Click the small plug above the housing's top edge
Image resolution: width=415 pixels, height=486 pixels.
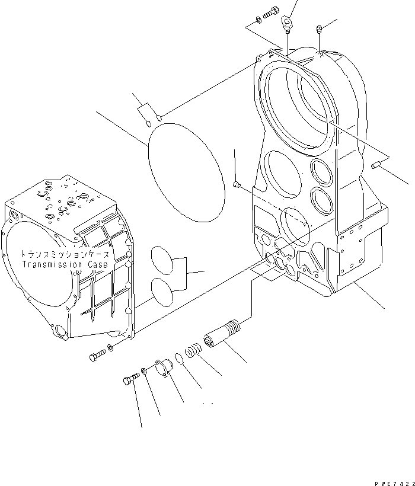319,27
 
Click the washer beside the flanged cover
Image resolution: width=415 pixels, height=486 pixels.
145,372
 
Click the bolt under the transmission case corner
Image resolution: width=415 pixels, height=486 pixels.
97,356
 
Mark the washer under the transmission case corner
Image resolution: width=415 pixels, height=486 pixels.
111,347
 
